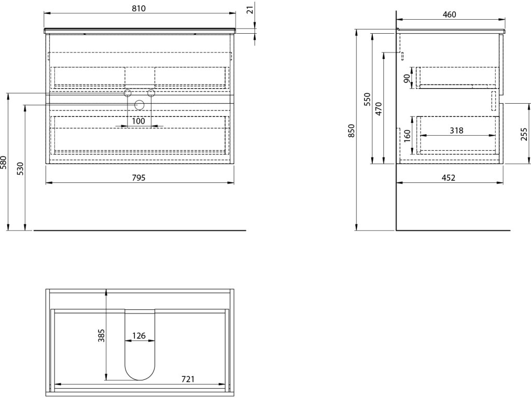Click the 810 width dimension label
(x=139, y=8)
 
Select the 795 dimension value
(x=139, y=178)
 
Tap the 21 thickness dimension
(x=250, y=10)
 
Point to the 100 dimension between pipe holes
(x=139, y=121)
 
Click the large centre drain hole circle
(x=139, y=105)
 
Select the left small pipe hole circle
(x=127, y=93)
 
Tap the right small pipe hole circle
(x=151, y=93)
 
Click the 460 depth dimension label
(x=450, y=15)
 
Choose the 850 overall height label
(x=351, y=132)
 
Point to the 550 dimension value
(x=367, y=99)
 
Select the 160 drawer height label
(x=407, y=135)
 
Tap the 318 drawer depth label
(x=456, y=131)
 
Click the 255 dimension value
(x=524, y=135)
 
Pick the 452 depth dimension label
(x=449, y=178)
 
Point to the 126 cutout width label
(x=138, y=336)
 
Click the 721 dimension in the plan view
(x=188, y=379)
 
